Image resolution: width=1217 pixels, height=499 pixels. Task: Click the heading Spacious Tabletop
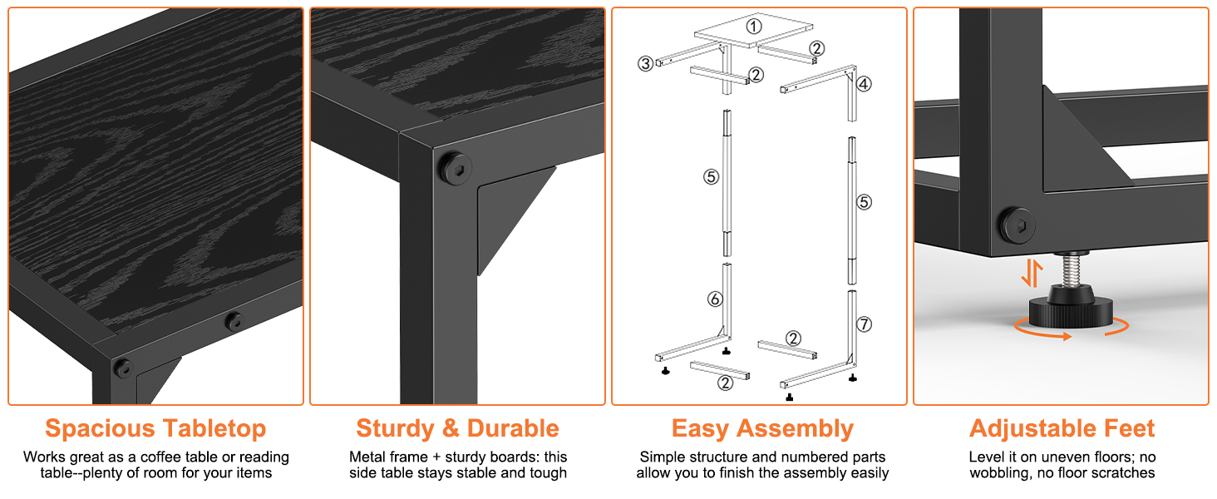coord(155,428)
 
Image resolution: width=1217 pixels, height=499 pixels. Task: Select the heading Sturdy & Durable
coord(457,428)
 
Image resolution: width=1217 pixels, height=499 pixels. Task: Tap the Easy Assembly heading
coord(762,428)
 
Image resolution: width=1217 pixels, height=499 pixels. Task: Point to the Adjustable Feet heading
coord(1062,428)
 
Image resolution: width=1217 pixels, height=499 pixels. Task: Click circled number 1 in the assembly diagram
coord(753,26)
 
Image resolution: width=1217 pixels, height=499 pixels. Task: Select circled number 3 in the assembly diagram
coord(645,63)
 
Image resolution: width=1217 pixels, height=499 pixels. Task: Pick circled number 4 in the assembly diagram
coord(865,84)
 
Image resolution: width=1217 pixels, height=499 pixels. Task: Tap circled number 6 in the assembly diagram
coord(715,299)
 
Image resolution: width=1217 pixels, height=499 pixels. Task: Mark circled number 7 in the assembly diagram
coord(865,324)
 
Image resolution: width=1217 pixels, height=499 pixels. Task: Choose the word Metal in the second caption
coord(367,457)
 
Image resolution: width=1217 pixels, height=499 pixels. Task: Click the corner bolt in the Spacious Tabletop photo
coord(123,367)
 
